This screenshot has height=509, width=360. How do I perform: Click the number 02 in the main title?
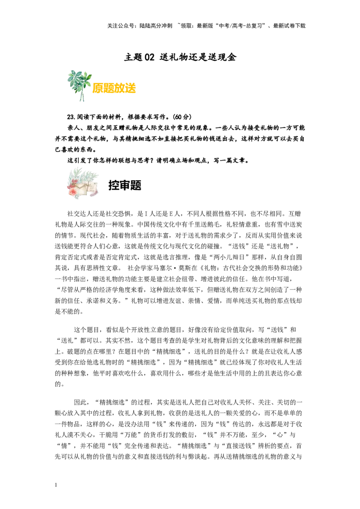point(149,58)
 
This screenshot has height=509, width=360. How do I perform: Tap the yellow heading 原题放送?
point(114,88)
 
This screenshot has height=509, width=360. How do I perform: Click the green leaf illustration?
point(79,85)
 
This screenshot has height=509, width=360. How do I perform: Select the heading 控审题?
point(125,185)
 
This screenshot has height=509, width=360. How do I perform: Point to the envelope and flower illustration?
point(82,183)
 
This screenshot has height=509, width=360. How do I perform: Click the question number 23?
point(71,117)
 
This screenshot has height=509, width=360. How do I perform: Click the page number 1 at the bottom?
point(56,485)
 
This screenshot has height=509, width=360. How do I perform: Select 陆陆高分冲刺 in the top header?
point(156,26)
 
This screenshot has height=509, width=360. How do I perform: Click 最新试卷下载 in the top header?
point(289,26)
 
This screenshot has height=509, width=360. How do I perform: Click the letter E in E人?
point(171,214)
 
